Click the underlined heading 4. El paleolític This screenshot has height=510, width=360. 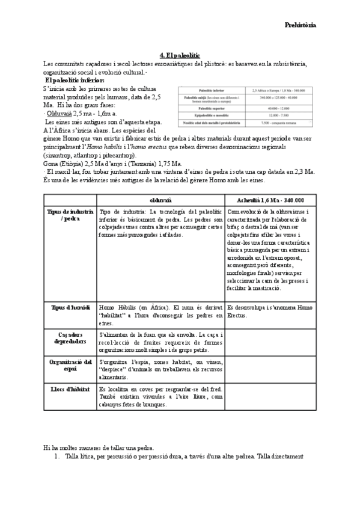click(x=180, y=55)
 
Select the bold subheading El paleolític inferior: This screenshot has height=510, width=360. click(x=75, y=80)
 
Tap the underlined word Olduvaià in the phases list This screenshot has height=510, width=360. click(x=63, y=112)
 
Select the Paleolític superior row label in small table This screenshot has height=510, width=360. click(x=211, y=108)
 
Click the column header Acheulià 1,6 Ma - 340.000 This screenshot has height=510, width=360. click(x=270, y=200)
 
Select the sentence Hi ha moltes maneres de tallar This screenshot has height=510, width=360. click(x=99, y=448)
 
